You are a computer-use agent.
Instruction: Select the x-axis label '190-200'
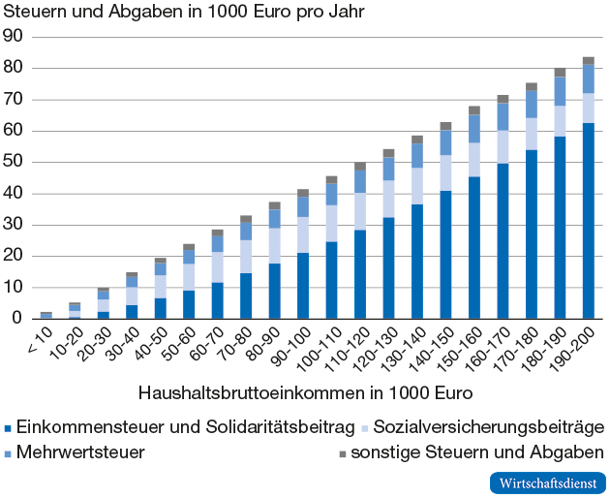[x=578, y=353]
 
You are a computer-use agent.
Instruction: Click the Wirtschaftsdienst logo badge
[x=548, y=482]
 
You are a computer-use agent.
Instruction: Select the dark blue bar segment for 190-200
[x=588, y=221]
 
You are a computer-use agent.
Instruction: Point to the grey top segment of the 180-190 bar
[x=560, y=73]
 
